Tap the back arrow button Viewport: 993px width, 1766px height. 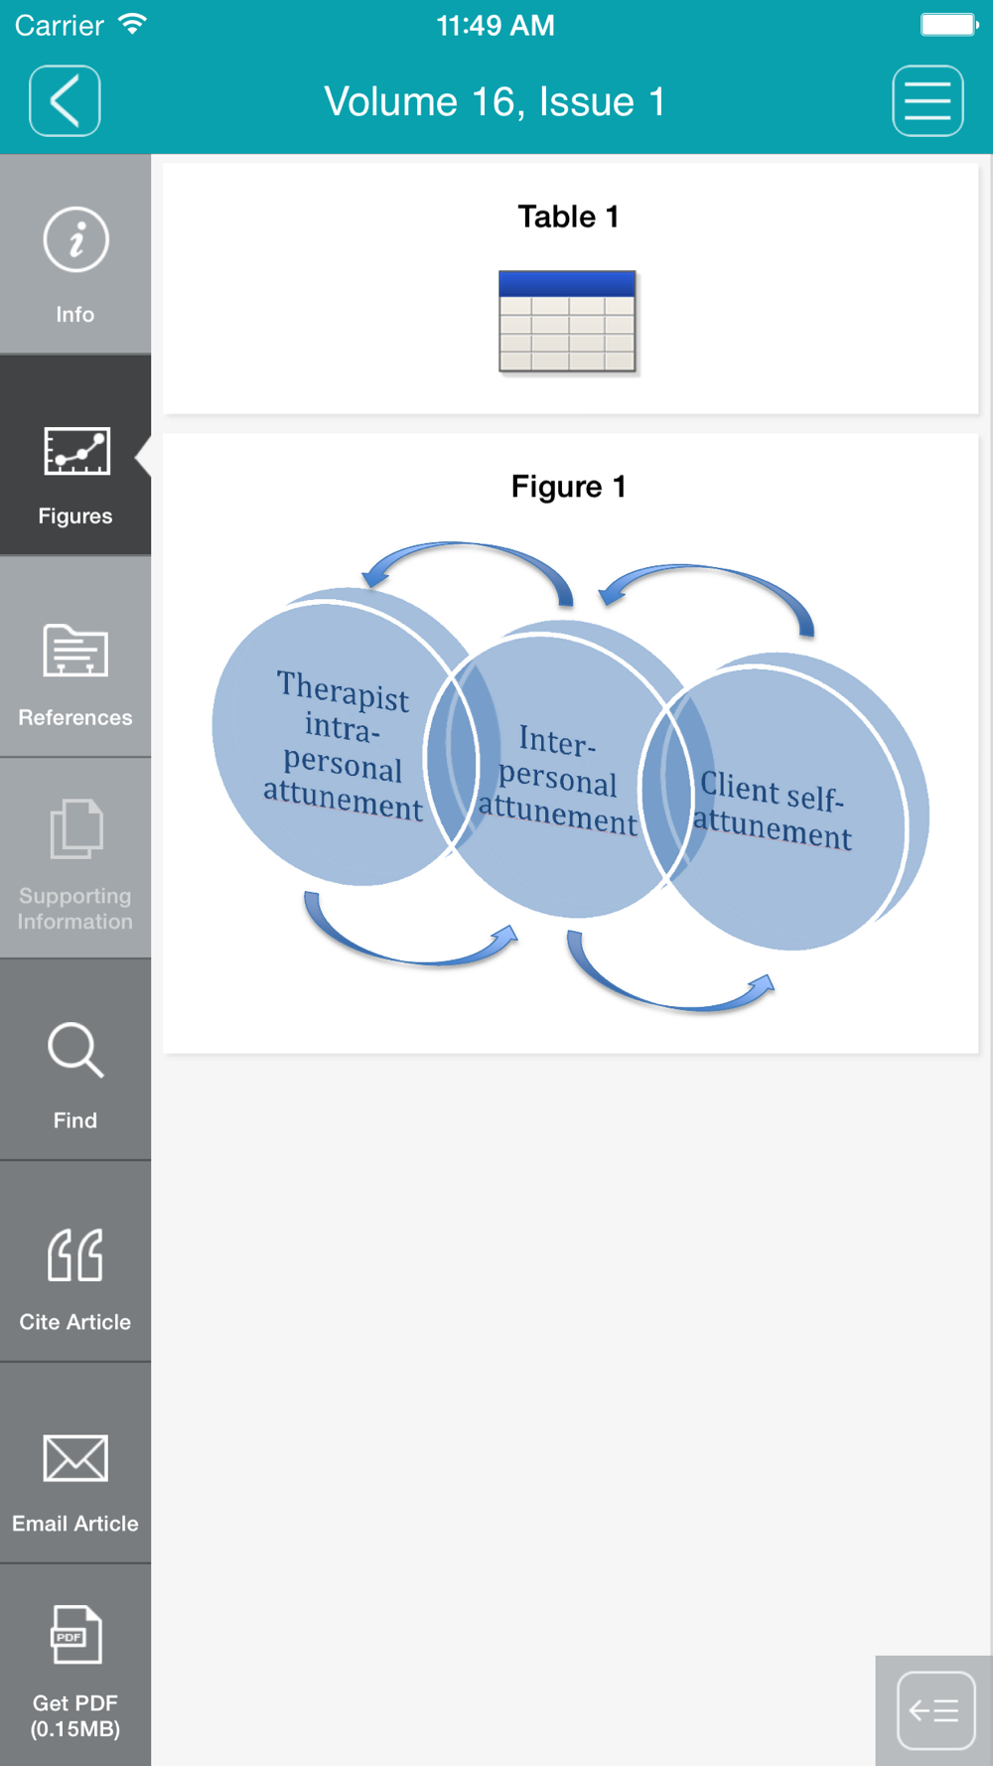pos(65,100)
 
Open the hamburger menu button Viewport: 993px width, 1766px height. pos(927,100)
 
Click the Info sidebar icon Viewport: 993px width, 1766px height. pos(75,239)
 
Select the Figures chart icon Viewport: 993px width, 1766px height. pos(76,451)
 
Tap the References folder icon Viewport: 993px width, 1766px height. pos(75,650)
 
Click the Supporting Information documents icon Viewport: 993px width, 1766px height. pos(75,828)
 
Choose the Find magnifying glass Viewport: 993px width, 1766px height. pos(75,1050)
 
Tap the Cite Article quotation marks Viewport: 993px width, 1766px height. pos(75,1255)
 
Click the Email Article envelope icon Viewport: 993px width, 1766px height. pos(75,1458)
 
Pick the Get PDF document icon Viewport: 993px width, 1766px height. pos(76,1634)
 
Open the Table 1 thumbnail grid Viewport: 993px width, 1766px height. pos(567,322)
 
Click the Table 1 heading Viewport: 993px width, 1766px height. pos(569,217)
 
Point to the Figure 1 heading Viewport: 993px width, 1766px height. pos(569,487)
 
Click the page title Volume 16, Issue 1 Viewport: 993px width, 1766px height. pos(495,101)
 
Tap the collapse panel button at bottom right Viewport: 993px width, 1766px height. pos(935,1710)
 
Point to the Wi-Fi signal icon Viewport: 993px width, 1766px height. pos(132,24)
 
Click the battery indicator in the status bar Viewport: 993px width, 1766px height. pos(949,24)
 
